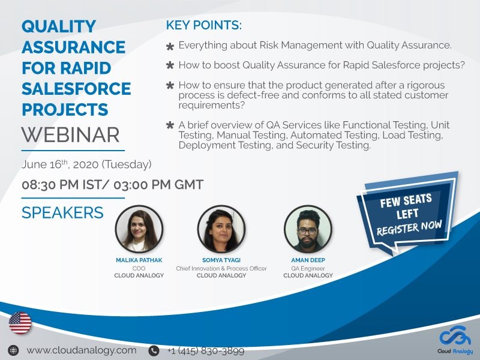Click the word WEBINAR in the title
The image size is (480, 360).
[x=70, y=134]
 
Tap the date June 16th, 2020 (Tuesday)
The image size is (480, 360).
[x=86, y=164]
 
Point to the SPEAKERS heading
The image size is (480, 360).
[x=62, y=212]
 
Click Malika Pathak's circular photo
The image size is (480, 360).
[x=138, y=229]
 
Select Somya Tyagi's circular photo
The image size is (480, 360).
[x=221, y=229]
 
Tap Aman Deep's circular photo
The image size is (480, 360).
[x=307, y=229]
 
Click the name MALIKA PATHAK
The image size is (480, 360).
[x=139, y=261]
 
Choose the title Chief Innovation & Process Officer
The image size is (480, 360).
[x=221, y=268]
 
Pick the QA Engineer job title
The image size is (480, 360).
[x=308, y=268]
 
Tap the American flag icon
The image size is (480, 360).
[x=20, y=323]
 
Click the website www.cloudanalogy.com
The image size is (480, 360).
[x=82, y=350]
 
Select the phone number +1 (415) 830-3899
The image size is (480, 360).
[x=205, y=350]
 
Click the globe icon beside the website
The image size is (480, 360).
[x=13, y=350]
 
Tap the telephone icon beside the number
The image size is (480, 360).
[x=154, y=350]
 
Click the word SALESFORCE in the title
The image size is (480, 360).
[x=76, y=89]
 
